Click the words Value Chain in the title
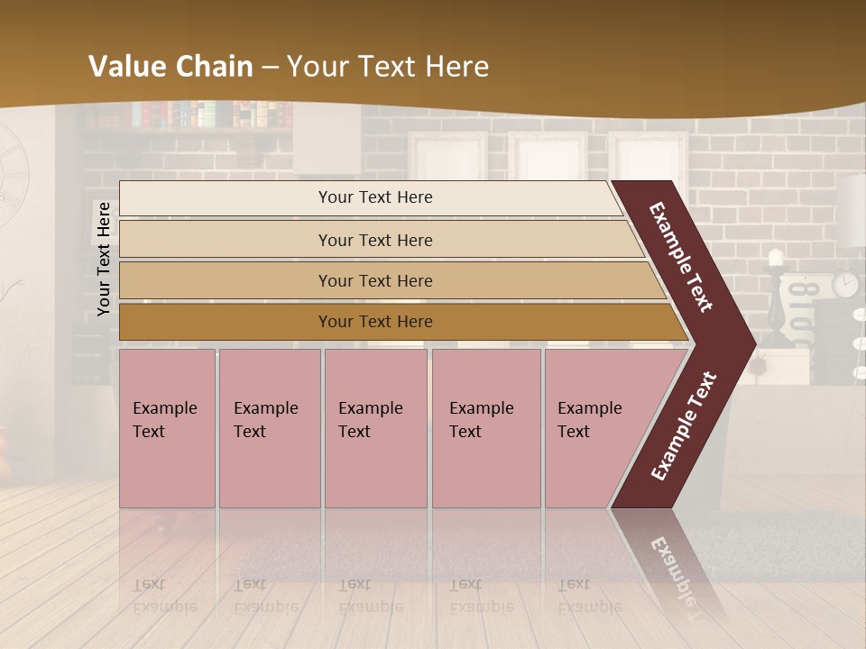(170, 67)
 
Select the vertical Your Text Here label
(104, 259)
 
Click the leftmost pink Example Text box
(167, 428)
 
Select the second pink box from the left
(269, 428)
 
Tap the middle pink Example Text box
(375, 428)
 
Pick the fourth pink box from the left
(485, 428)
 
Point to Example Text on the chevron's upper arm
(681, 257)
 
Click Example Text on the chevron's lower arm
(684, 425)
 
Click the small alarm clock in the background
(845, 284)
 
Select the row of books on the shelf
(211, 114)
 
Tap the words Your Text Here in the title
(388, 67)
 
